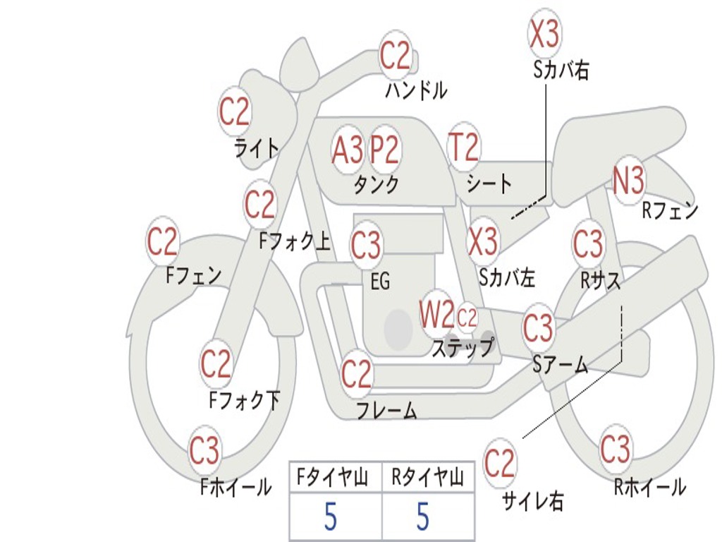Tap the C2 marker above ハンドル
coord(395,56)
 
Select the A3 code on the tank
coord(347,150)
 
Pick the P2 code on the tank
coord(384,150)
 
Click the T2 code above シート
coord(464,147)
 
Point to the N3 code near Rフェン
coord(628,180)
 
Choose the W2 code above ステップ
coord(437,314)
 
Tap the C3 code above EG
coord(366,245)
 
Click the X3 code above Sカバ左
coord(483,241)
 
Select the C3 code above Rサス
coord(587,243)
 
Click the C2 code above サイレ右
coord(498,463)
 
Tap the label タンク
coord(376,185)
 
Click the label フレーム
coord(387,410)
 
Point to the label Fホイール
coord(235,487)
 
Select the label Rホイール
coord(649,487)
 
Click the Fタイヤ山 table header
coord(333,477)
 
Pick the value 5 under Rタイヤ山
coord(423,516)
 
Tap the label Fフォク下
coord(244,400)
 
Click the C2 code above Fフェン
coord(161,241)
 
